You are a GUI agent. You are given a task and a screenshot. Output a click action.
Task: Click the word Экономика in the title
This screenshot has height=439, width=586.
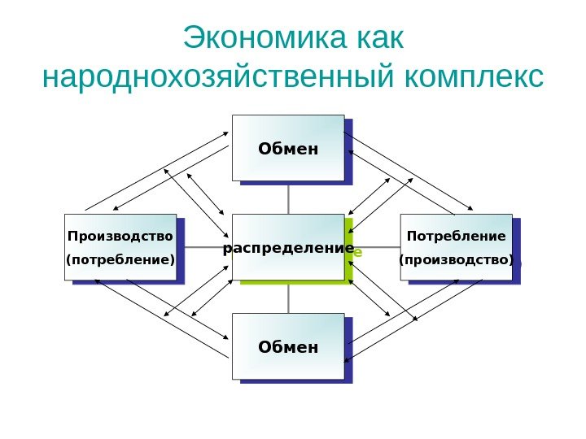tap(265, 39)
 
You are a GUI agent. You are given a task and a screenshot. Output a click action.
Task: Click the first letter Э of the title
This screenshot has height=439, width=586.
tap(193, 39)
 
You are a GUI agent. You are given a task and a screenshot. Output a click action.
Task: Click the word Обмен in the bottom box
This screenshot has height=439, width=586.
tap(288, 348)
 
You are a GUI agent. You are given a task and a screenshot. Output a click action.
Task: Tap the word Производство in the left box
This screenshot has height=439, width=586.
tap(120, 237)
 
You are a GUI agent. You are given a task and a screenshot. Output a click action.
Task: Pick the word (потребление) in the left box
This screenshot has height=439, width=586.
tap(120, 261)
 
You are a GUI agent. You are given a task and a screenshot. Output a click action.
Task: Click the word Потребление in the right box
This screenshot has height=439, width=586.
tap(456, 237)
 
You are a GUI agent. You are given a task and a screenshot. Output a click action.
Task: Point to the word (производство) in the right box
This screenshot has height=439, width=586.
tap(456, 261)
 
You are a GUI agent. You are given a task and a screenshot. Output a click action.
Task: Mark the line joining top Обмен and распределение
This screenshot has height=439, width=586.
tap(289, 198)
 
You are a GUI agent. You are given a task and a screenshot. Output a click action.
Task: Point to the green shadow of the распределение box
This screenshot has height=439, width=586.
tap(349, 276)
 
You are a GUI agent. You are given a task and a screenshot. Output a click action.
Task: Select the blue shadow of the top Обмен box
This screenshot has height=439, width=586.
tap(349, 154)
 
